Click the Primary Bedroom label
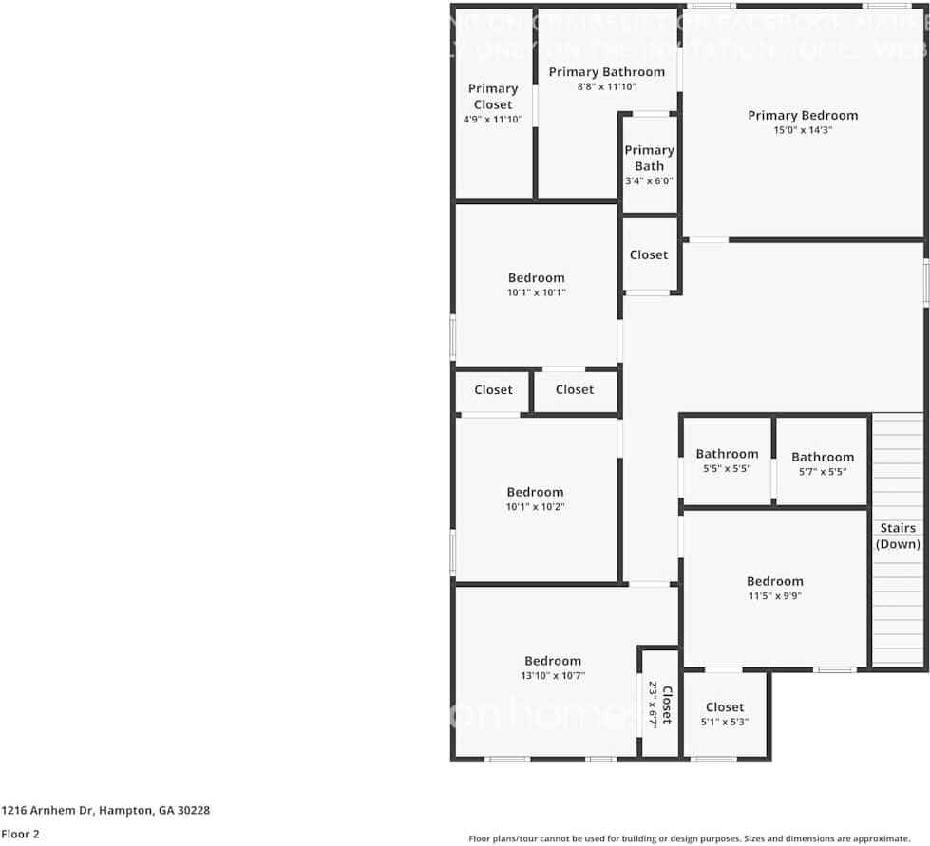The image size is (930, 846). (x=802, y=116)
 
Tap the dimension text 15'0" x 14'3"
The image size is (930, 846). (x=802, y=131)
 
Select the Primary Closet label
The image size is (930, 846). (x=492, y=97)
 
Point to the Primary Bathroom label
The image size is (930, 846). (x=606, y=72)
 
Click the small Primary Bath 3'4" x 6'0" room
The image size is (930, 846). (x=649, y=164)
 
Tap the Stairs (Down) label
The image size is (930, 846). (x=898, y=536)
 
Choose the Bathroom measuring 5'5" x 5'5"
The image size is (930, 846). (x=727, y=461)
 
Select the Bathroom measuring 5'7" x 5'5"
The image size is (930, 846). (x=822, y=463)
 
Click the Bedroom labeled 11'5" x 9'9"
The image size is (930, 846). (x=774, y=588)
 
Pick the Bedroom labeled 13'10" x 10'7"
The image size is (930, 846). (x=553, y=667)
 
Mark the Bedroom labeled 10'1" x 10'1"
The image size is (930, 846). (x=536, y=285)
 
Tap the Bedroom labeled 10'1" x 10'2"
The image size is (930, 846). (x=535, y=498)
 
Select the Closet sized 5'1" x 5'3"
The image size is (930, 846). (x=724, y=713)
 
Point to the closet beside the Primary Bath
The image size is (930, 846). (x=649, y=254)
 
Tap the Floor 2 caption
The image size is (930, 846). (x=19, y=835)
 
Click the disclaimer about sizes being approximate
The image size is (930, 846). (x=689, y=838)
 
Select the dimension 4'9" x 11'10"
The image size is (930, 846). (x=492, y=121)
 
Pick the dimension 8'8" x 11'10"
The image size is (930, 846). (x=606, y=87)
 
